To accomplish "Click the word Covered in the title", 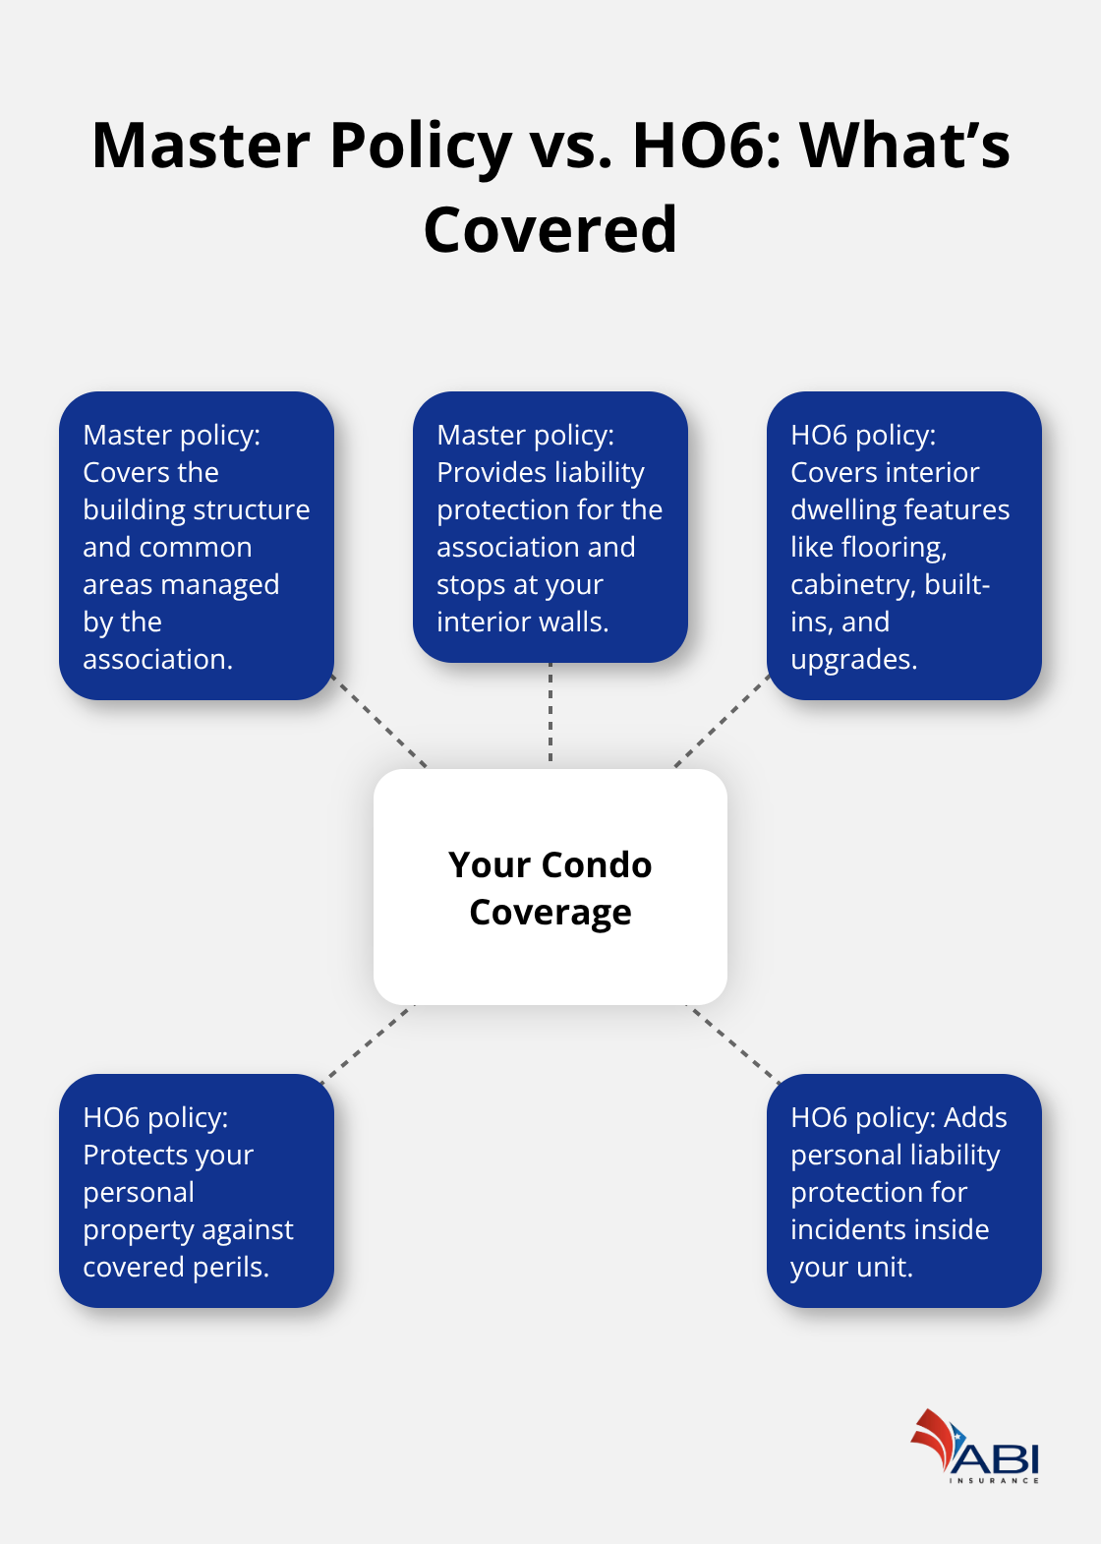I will [550, 229].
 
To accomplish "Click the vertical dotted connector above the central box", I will [550, 715].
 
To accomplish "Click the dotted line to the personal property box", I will [367, 1041].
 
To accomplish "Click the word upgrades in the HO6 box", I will [853, 660].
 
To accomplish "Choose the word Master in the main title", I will [201, 146].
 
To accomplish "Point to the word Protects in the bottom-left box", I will [140, 1155].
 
